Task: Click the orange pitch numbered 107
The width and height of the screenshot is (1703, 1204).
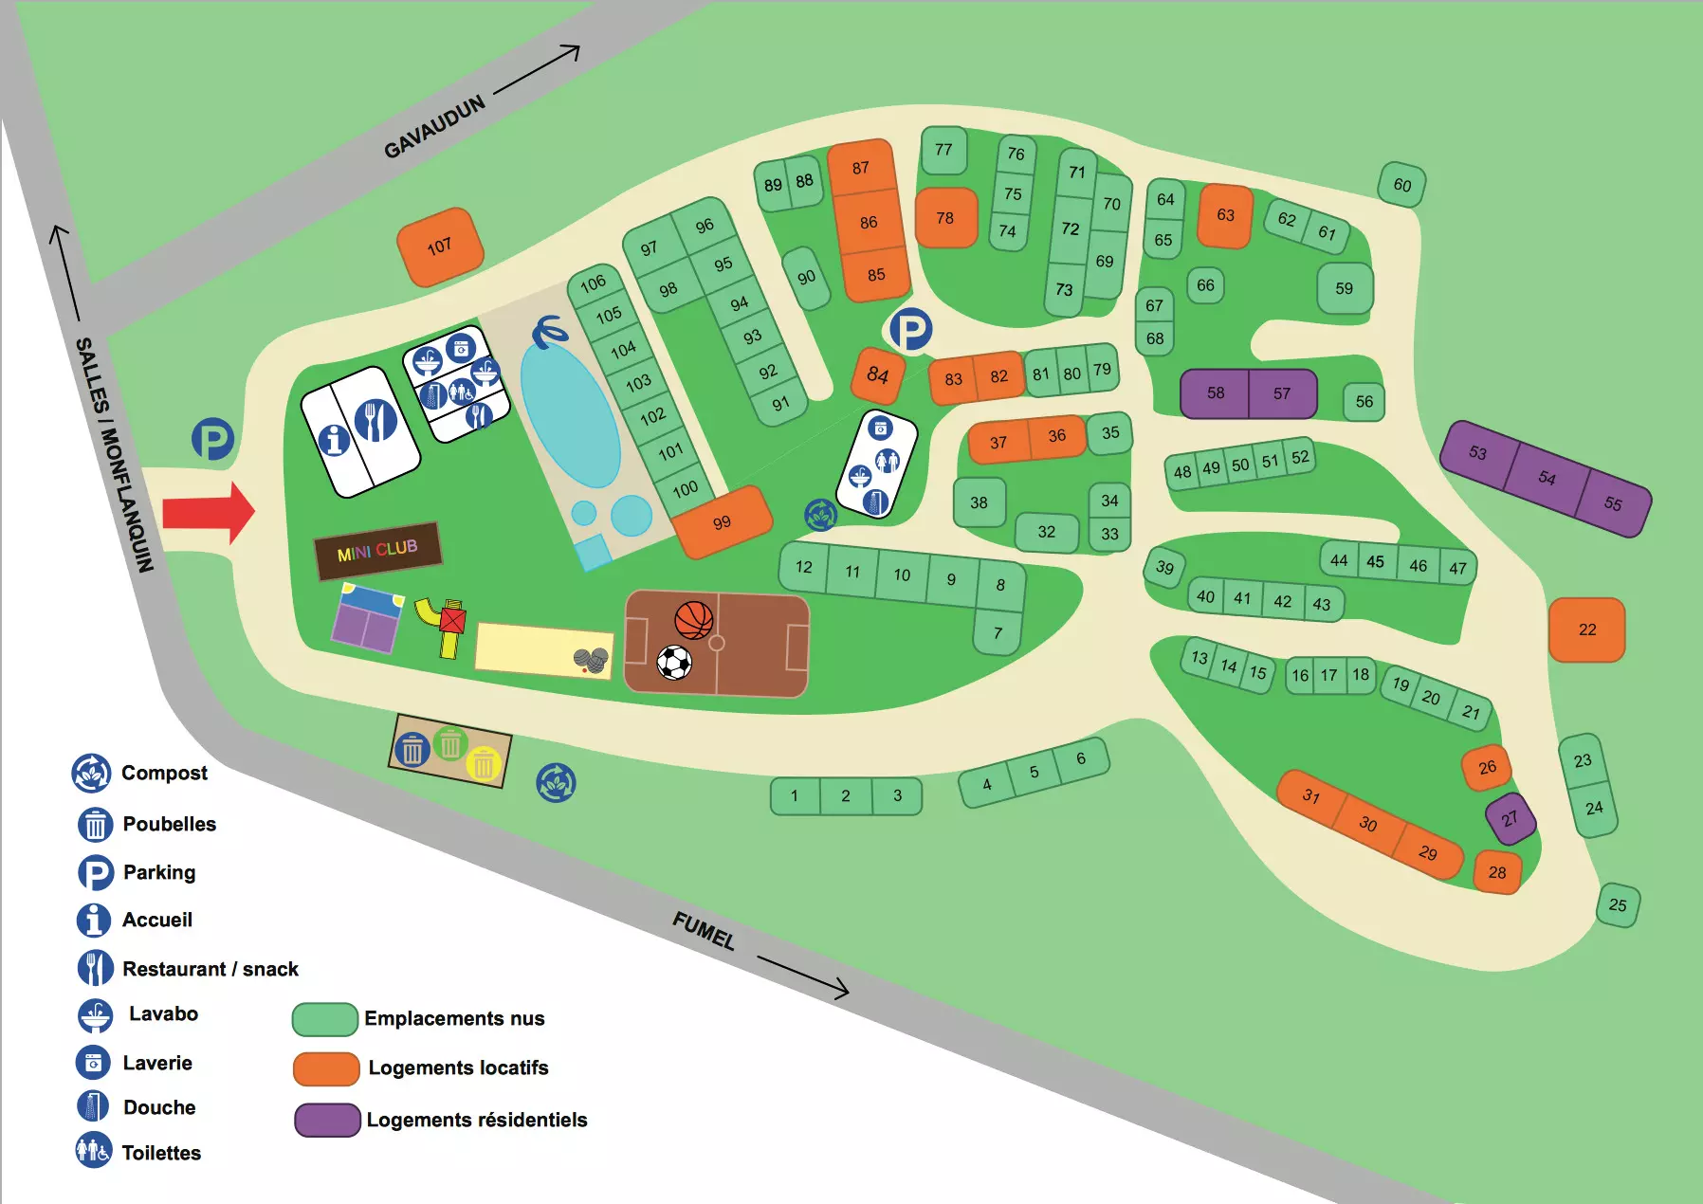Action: [x=440, y=246]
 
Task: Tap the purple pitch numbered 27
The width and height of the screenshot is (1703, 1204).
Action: [x=1510, y=818]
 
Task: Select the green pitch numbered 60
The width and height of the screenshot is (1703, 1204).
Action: [x=1401, y=185]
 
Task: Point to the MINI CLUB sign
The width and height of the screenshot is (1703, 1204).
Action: [x=377, y=550]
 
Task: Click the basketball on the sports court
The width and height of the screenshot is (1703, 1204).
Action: [x=693, y=620]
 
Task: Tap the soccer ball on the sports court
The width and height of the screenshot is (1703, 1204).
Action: [x=674, y=663]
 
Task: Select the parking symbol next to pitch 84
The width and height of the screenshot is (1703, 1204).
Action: [x=910, y=330]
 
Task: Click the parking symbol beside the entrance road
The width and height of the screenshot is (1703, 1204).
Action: [x=212, y=440]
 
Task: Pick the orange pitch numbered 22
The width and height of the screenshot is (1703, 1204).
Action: [x=1586, y=629]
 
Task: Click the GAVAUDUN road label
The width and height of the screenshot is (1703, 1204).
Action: [x=434, y=126]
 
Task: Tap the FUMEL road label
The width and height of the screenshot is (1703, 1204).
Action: [x=704, y=931]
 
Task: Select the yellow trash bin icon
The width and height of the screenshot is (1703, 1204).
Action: [x=484, y=762]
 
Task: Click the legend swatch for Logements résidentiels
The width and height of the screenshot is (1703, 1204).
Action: [x=327, y=1120]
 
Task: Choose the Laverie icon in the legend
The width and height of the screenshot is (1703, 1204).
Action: [x=93, y=1062]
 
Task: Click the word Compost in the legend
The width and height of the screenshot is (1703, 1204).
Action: [x=164, y=773]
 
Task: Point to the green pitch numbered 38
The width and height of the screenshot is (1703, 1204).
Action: [x=979, y=502]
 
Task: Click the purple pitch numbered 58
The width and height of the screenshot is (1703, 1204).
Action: [x=1215, y=393]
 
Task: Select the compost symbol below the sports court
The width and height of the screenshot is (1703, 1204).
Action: [x=556, y=783]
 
